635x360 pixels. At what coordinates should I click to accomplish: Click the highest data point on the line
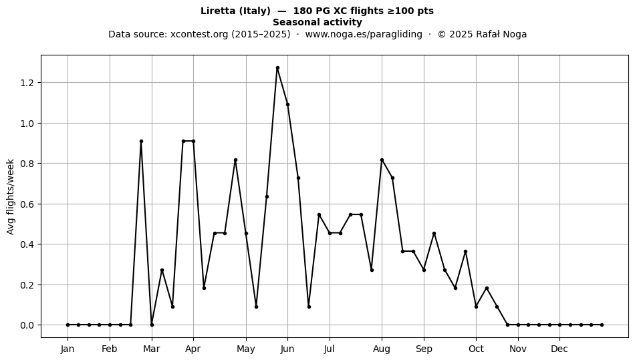click(x=277, y=68)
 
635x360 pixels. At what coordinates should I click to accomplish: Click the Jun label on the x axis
click(x=287, y=349)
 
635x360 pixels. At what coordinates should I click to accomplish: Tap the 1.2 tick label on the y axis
click(x=28, y=83)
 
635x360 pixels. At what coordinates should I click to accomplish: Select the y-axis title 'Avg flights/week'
click(x=11, y=196)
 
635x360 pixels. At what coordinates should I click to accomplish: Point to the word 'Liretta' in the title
click(x=218, y=11)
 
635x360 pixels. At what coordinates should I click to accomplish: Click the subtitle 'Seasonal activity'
click(x=317, y=22)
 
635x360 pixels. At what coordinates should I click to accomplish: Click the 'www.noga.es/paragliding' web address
click(x=363, y=34)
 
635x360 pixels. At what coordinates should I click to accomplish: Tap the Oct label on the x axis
click(x=476, y=349)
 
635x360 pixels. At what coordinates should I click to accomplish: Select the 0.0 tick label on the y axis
click(x=28, y=325)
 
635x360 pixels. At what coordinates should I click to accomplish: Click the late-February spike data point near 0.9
click(x=141, y=141)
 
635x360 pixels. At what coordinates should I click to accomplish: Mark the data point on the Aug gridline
click(x=382, y=160)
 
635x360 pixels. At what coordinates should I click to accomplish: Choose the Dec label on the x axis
click(x=559, y=349)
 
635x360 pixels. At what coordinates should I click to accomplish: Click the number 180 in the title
click(x=301, y=11)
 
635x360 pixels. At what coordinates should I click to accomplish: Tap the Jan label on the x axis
click(x=68, y=349)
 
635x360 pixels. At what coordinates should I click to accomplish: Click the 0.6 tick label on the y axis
click(x=28, y=204)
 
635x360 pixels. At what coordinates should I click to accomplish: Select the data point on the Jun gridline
click(x=287, y=104)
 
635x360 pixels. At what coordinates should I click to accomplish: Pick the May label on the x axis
click(x=246, y=349)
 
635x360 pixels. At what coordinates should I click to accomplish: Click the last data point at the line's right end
click(x=602, y=325)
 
